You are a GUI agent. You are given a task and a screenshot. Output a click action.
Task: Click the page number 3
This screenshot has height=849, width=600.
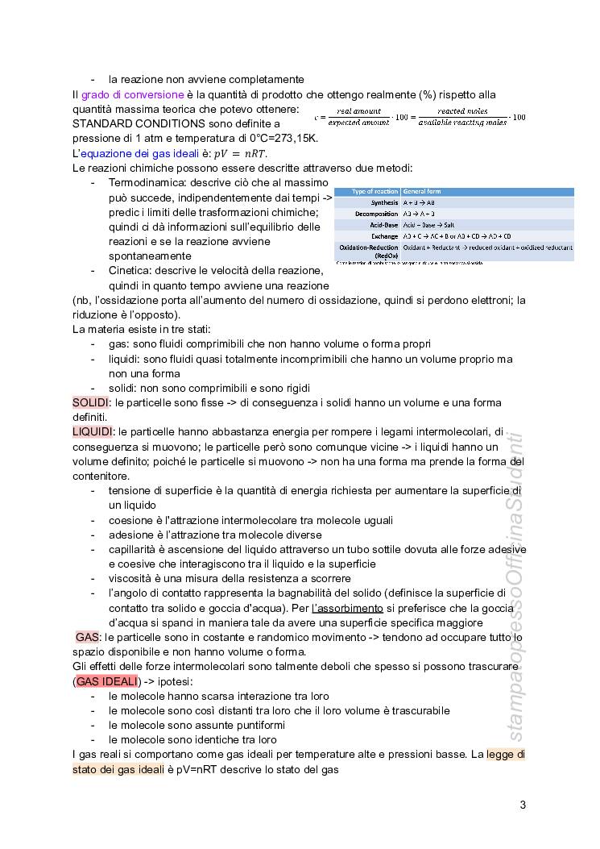pyautogui.click(x=523, y=805)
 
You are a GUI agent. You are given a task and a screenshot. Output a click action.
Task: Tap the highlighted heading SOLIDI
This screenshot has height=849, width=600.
pyautogui.click(x=91, y=402)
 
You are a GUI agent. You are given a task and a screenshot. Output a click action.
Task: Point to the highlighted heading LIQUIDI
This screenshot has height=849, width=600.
pyautogui.click(x=93, y=432)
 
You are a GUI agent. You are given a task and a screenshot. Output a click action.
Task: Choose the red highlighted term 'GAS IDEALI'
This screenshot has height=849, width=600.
pyautogui.click(x=106, y=681)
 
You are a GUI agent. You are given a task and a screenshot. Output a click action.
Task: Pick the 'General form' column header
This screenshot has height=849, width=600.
pyautogui.click(x=422, y=192)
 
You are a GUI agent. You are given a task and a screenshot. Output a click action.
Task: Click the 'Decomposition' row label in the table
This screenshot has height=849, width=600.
pyautogui.click(x=377, y=214)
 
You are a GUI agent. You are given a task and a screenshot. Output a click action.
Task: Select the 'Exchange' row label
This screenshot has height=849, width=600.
pyautogui.click(x=385, y=236)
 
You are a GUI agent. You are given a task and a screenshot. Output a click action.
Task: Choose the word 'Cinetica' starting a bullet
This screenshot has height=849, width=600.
pyautogui.click(x=131, y=270)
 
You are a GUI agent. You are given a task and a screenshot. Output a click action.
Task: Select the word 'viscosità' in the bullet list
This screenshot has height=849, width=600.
pyautogui.click(x=131, y=578)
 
